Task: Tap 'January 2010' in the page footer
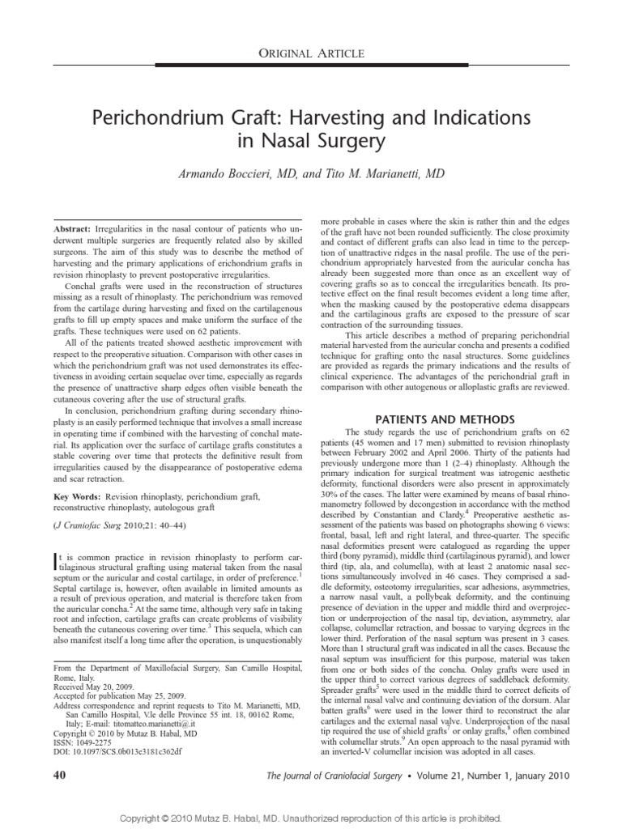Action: tap(540, 776)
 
